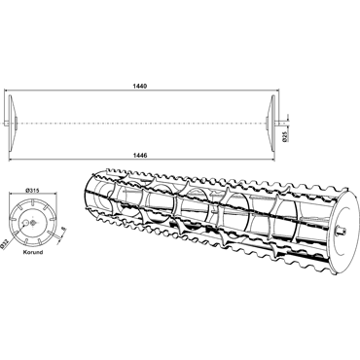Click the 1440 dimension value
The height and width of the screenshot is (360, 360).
click(140, 87)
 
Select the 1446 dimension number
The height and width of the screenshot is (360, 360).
click(140, 156)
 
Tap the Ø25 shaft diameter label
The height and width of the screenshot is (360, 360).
click(284, 137)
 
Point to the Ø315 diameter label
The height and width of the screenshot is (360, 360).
click(32, 191)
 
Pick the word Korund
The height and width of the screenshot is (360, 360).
click(33, 252)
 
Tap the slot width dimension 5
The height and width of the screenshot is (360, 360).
click(63, 230)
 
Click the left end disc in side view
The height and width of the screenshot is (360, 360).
click(11, 124)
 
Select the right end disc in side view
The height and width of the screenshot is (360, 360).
click(271, 124)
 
